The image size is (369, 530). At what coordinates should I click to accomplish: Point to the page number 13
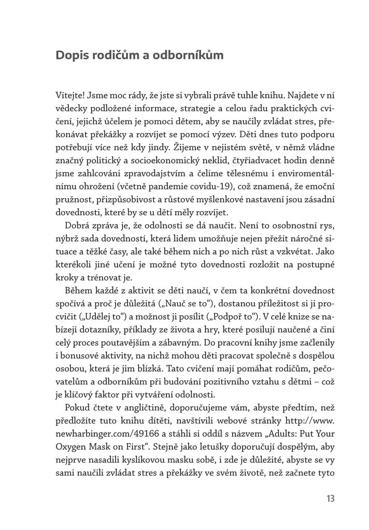point(331,499)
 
